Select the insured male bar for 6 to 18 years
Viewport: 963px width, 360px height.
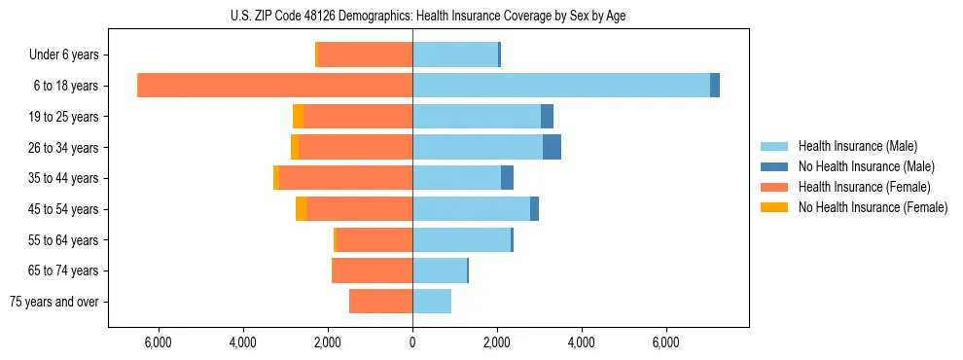[561, 86]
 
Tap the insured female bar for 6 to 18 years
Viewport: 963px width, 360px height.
[275, 86]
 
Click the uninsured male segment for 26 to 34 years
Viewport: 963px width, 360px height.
[552, 147]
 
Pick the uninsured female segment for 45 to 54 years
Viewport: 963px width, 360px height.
[301, 209]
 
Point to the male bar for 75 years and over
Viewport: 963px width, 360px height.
[432, 302]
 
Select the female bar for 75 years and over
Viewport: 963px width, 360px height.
[380, 302]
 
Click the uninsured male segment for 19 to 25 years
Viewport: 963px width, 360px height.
[547, 117]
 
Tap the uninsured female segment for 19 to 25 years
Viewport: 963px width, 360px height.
[298, 117]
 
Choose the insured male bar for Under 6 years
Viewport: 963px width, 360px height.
[455, 54]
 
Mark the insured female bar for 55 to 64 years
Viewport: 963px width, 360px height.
[374, 240]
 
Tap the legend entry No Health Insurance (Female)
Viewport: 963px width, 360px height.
[866, 207]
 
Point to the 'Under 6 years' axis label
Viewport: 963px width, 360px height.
[63, 54]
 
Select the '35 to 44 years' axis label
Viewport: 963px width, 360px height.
[64, 178]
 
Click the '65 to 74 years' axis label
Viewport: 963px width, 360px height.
[64, 270]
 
